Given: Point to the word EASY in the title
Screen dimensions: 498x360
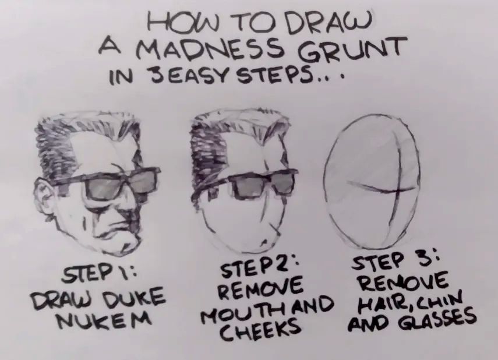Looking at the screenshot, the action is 197,76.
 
